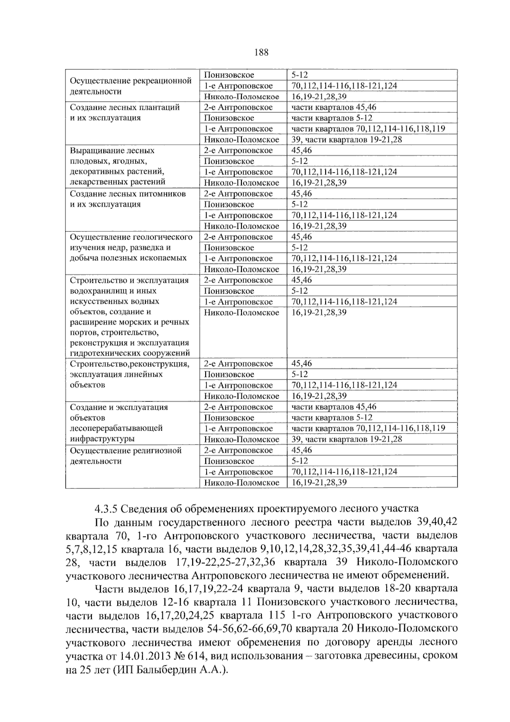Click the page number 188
coord(261,52)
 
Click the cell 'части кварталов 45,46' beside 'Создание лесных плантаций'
coord(334,108)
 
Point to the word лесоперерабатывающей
coord(116,428)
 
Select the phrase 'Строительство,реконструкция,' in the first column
coord(129,364)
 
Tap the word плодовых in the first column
coord(86,161)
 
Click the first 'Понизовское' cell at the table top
coord(229,75)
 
